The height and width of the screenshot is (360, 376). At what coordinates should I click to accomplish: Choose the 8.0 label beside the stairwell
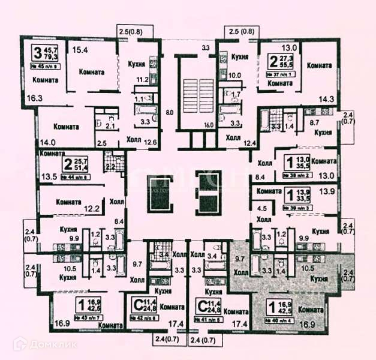coord(169,112)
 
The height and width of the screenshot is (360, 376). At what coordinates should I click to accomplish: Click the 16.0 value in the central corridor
coord(208,125)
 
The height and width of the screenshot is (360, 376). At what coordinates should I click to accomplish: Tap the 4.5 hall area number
coord(261,209)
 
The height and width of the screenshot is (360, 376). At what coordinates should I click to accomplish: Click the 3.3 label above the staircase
coord(205,47)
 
